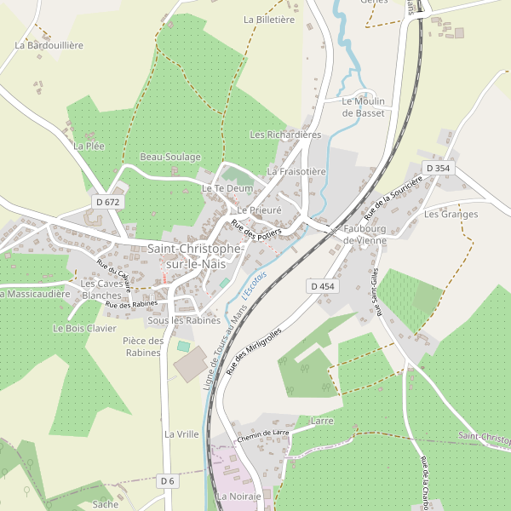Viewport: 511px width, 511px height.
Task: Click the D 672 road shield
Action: pos(108,202)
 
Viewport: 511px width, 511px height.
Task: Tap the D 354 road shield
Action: pos(438,169)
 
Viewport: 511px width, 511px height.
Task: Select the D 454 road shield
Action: pos(323,286)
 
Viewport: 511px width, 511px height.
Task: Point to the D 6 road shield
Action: pos(167,481)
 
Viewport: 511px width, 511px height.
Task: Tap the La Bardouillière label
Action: pos(49,45)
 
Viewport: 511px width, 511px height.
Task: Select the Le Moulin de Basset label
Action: pos(363,106)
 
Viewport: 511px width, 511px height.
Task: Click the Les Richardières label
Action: pos(285,135)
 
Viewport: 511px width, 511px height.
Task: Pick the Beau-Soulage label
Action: pos(170,158)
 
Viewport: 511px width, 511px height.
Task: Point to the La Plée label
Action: pos(89,146)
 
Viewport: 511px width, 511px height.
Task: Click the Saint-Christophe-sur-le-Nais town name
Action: pos(193,256)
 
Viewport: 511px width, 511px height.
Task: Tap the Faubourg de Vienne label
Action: pos(365,235)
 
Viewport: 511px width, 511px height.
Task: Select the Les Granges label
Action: pos(451,214)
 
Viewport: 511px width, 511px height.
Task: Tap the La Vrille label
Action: pos(181,433)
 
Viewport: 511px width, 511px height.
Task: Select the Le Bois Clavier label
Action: pos(84,328)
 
